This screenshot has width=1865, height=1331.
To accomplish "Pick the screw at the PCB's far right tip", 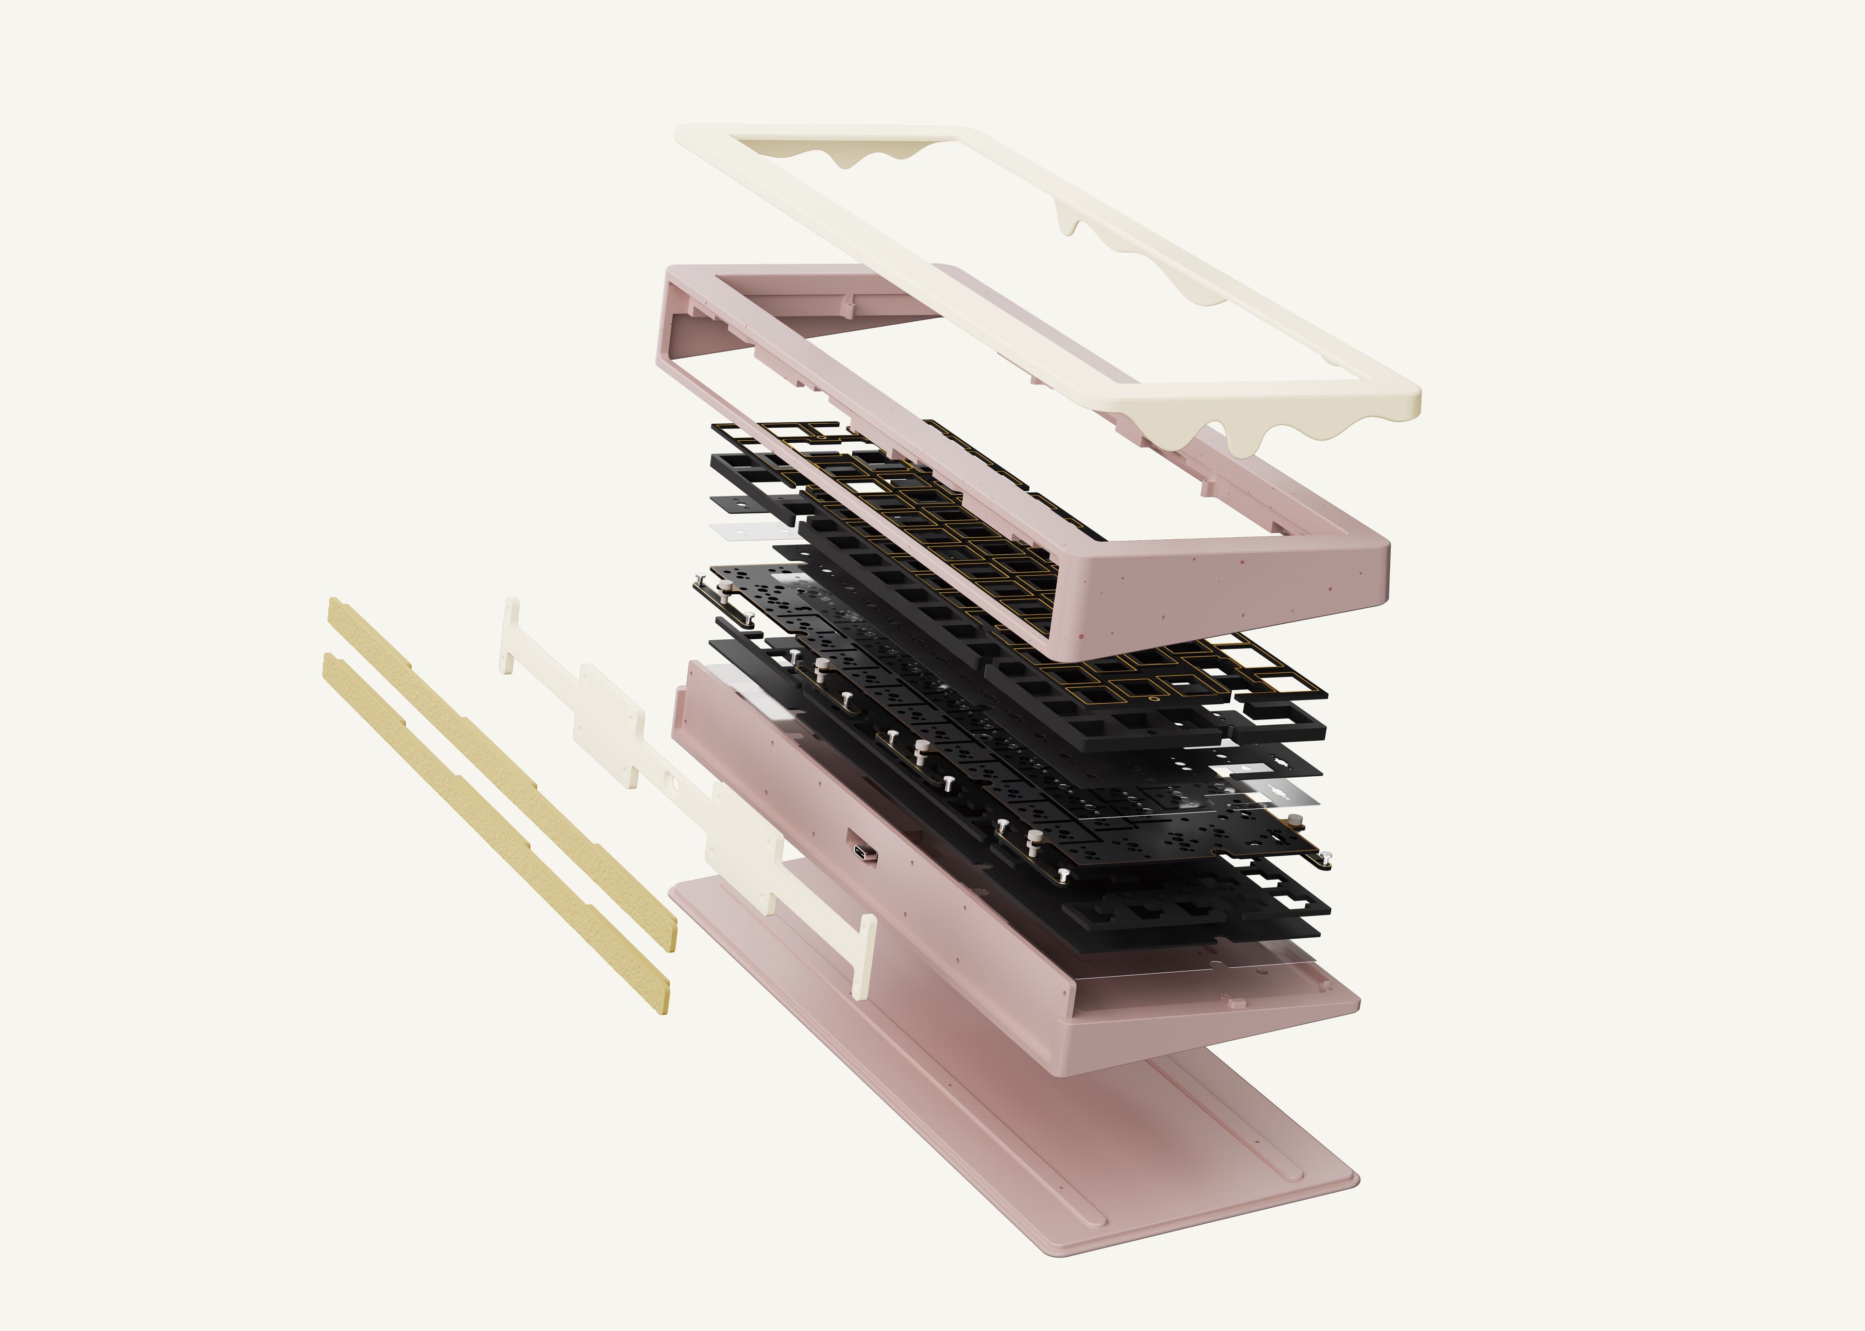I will tap(1325, 858).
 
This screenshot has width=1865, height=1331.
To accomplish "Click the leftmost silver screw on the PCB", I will tap(699, 580).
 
